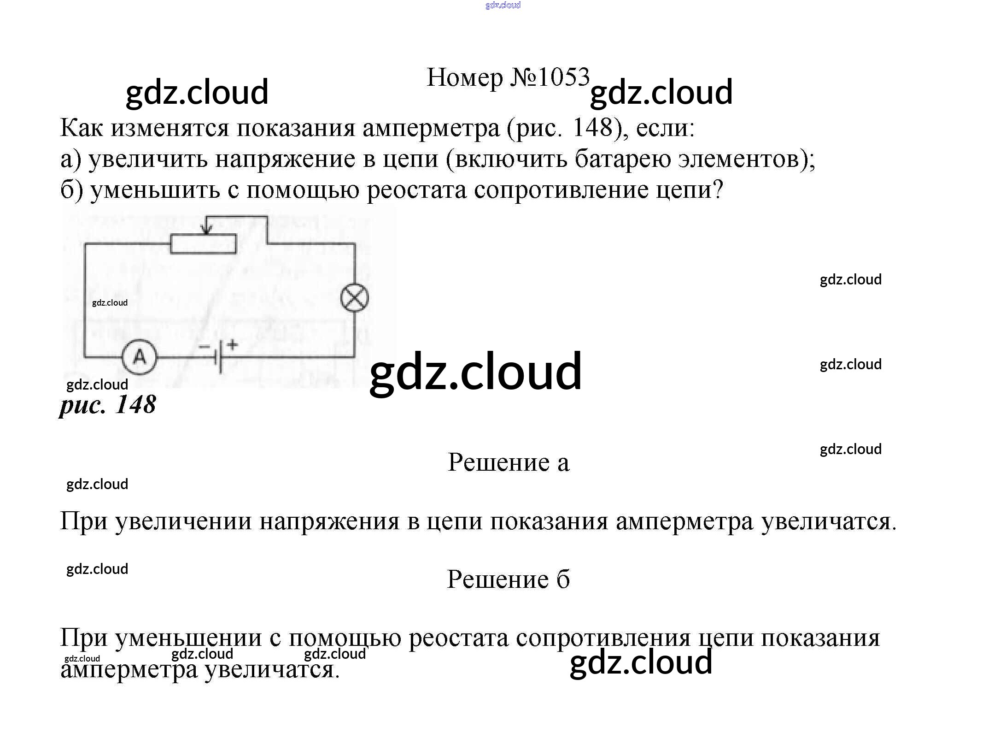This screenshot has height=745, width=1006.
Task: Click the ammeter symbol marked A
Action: [139, 357]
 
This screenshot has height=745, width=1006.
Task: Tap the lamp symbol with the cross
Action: [355, 298]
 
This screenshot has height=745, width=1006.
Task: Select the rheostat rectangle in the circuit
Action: [203, 243]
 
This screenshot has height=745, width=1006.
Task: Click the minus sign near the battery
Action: [204, 346]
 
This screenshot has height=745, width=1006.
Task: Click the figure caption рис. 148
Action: [108, 404]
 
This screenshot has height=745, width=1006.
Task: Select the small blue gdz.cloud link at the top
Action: [503, 5]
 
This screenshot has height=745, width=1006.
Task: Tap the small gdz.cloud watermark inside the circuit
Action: [110, 302]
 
